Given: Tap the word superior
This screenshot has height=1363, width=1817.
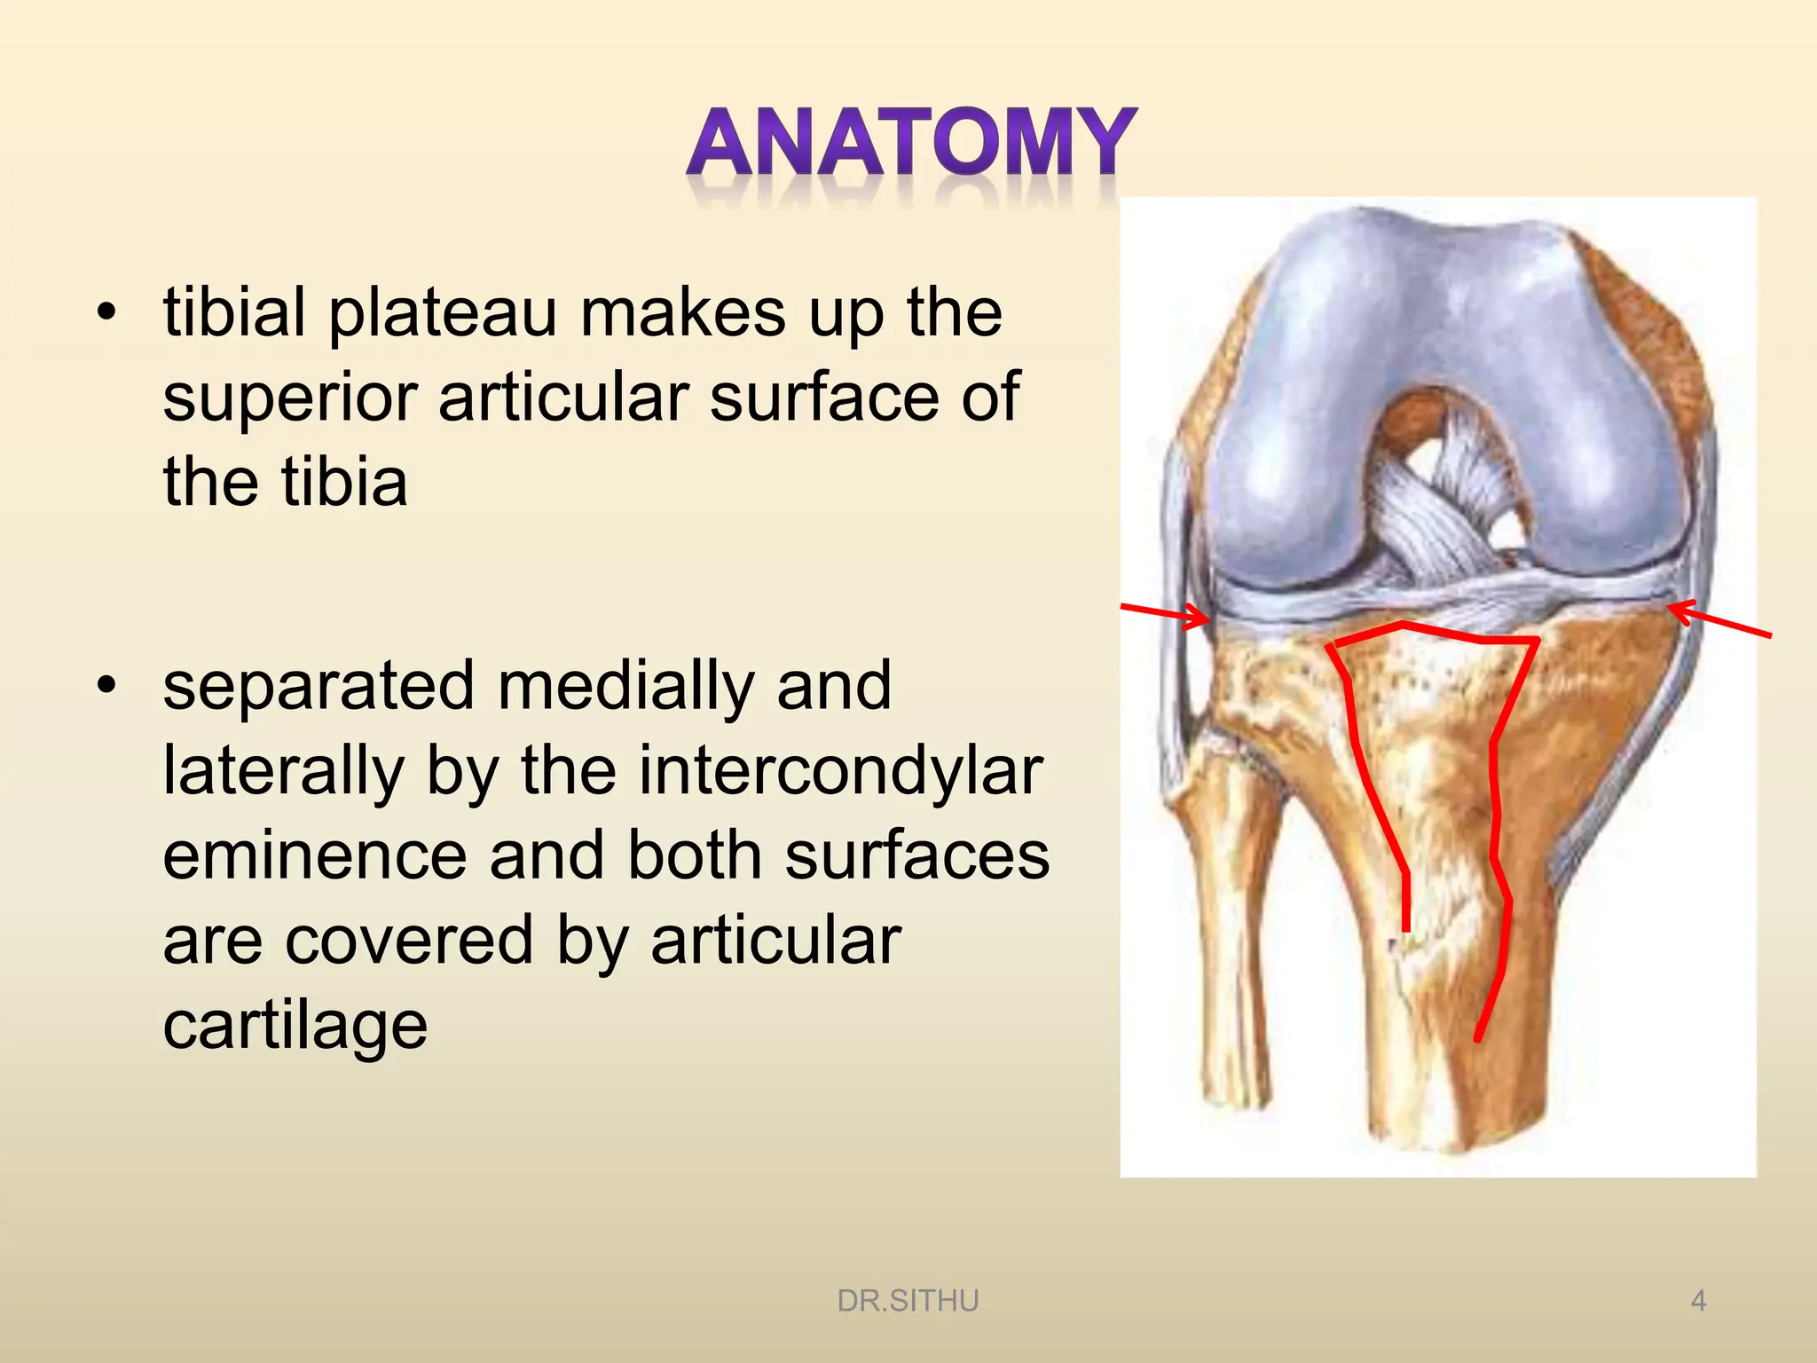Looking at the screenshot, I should click(x=289, y=398).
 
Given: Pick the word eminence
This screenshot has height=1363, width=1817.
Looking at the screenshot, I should click(x=315, y=855).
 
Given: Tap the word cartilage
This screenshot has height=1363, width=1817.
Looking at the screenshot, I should click(x=295, y=1026).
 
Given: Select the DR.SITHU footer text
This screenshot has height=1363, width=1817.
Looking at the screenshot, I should click(x=908, y=1301).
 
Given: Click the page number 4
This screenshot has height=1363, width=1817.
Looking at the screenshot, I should click(x=1698, y=1301).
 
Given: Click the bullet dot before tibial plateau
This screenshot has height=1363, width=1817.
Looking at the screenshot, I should click(x=107, y=313).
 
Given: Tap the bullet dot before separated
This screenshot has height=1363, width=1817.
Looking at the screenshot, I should click(x=107, y=686).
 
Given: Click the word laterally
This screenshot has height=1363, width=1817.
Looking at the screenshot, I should click(x=283, y=770).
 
